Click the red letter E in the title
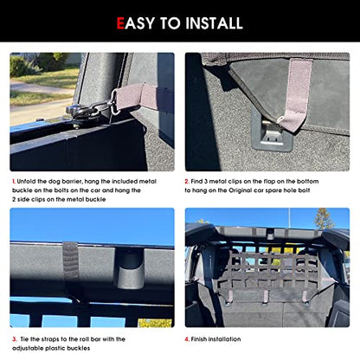click(120, 23)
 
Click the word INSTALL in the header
click(214, 23)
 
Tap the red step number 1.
click(14, 182)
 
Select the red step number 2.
click(187, 182)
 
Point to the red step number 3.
click(15, 339)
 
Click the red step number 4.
click(187, 339)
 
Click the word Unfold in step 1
click(27, 182)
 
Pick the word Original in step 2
click(241, 190)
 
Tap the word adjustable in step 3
click(28, 349)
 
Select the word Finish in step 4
click(199, 339)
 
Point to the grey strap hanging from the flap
click(296, 93)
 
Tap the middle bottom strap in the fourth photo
click(265, 297)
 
